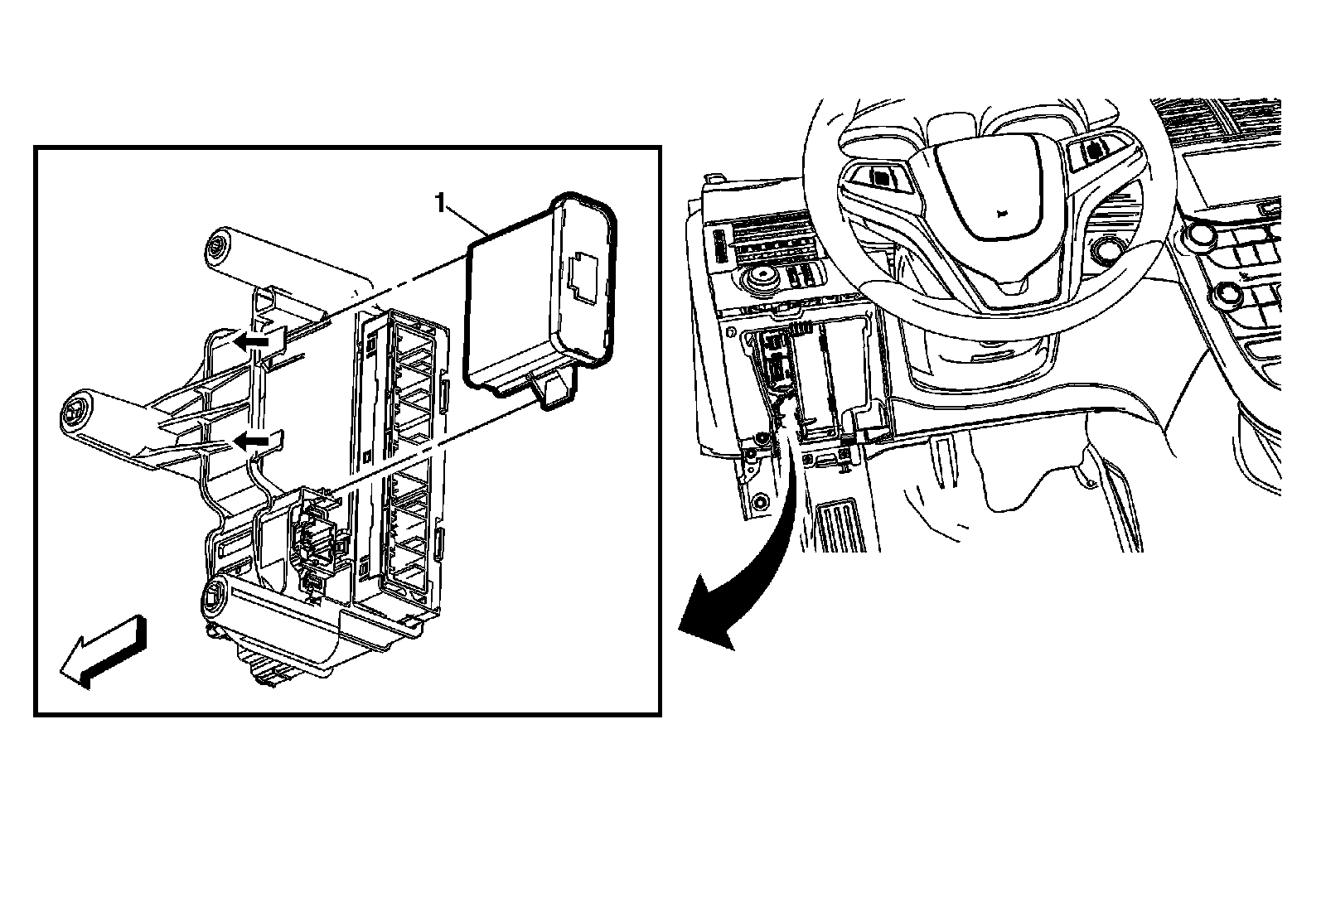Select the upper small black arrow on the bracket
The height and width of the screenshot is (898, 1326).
pos(251,340)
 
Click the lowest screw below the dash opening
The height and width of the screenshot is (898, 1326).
pos(760,503)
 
